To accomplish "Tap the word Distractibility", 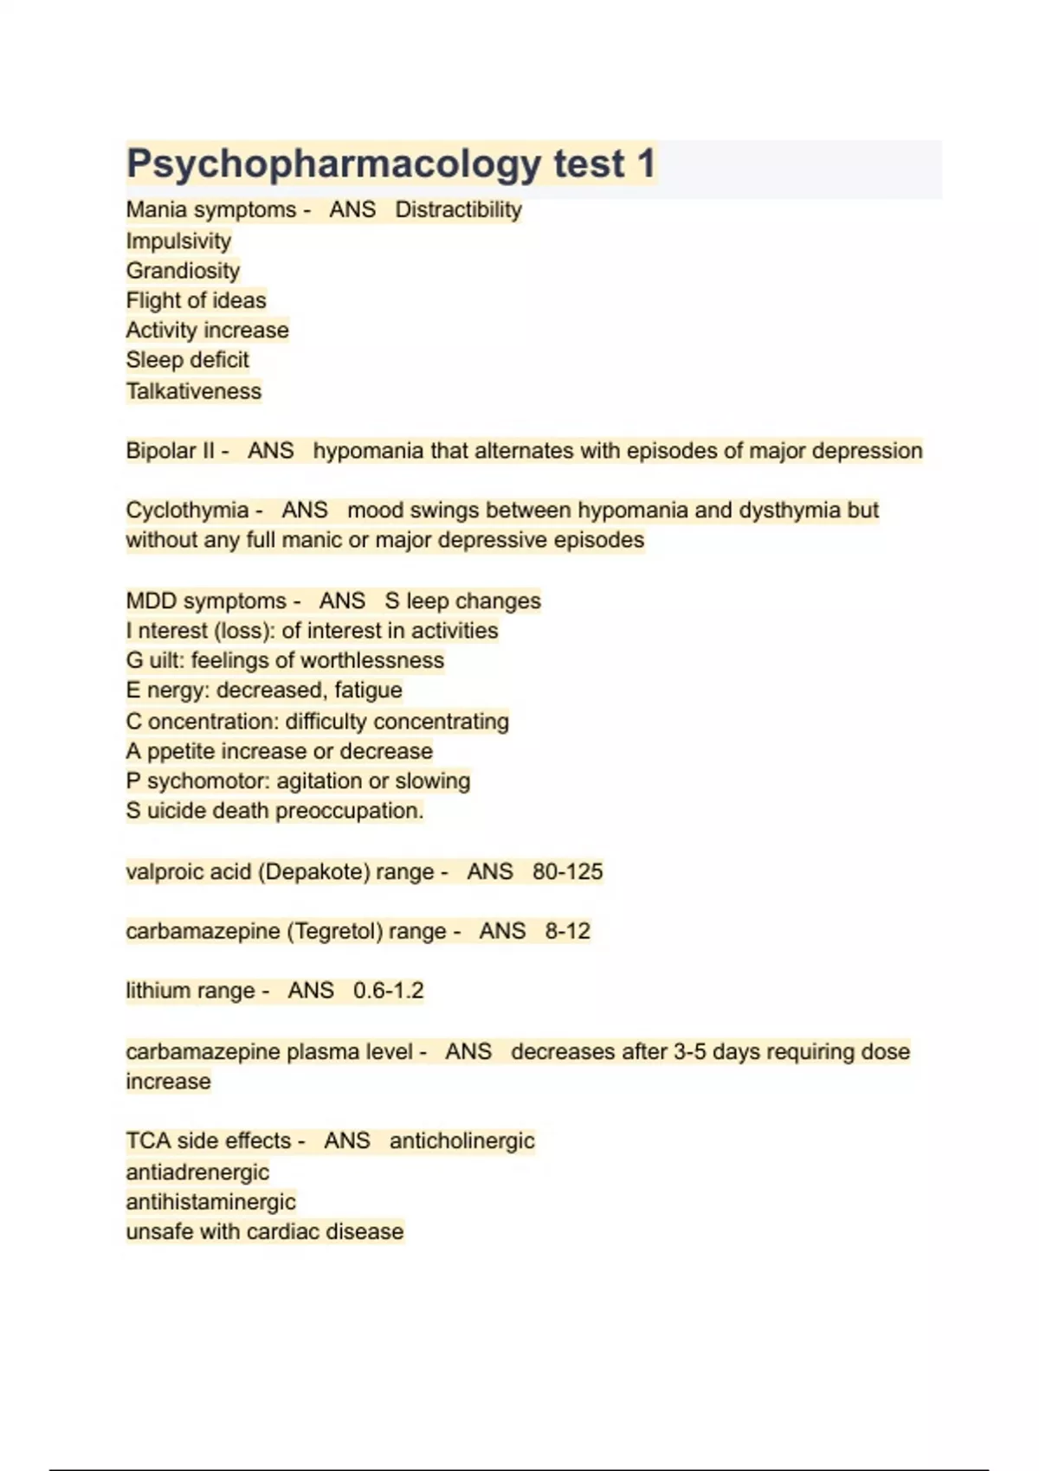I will coord(458,210).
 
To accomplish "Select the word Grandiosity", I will coord(183,271).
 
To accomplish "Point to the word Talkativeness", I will coord(193,391).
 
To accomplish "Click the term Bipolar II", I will coord(170,451).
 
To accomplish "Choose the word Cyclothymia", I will coord(187,511).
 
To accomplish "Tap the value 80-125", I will coord(567,871).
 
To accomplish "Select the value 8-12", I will coord(567,931).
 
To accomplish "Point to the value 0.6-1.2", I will coord(388,991).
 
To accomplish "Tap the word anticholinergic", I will coord(461,1141).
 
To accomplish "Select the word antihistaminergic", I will coord(210,1202).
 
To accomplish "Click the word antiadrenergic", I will coord(197,1172).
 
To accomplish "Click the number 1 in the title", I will coord(646,164).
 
